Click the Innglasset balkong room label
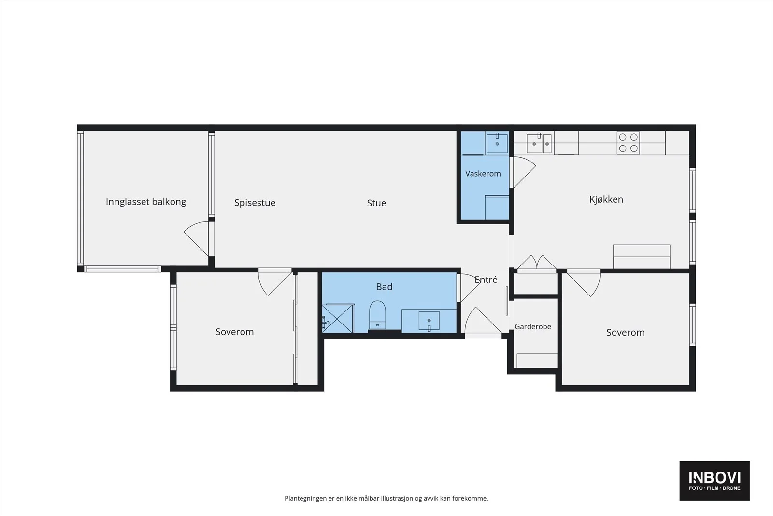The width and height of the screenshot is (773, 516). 145,202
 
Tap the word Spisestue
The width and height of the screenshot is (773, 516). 255,203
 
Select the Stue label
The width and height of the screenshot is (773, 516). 376,203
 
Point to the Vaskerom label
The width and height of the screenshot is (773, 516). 483,174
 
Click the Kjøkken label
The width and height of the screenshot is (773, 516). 606,199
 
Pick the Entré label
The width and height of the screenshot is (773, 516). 486,280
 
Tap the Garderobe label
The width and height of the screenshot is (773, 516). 533,326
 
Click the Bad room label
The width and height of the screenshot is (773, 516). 384,287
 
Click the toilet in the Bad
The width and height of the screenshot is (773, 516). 377,315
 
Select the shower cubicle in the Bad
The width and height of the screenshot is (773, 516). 338,318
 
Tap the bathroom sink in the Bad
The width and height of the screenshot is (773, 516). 429,321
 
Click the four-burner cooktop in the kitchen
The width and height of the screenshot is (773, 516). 628,143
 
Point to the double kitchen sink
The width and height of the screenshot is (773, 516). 539,144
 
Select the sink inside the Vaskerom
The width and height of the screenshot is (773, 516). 497,144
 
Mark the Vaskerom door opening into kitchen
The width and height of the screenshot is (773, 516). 523,172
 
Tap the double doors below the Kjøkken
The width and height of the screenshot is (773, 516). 537,263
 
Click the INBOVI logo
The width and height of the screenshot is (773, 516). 715,480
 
